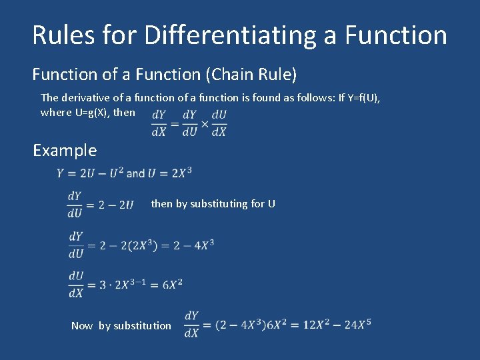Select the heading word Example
[x=65, y=150]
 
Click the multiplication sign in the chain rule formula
[x=204, y=123]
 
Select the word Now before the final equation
[x=82, y=325]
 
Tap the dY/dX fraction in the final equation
[x=191, y=323]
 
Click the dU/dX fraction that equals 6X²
[x=75, y=284]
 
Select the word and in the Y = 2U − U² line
[x=135, y=173]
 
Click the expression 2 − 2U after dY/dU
[x=116, y=204]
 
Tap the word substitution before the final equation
[x=142, y=325]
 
